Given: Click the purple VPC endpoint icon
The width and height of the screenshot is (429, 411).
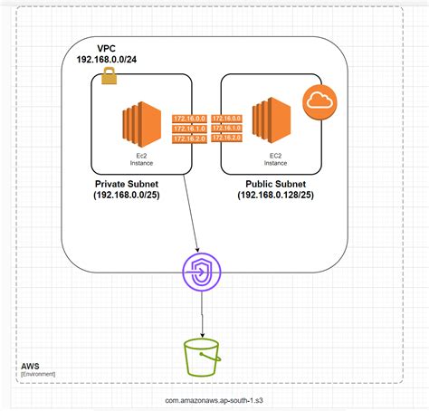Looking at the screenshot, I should click(201, 272).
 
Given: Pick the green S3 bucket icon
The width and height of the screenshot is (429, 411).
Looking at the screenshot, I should click(202, 356).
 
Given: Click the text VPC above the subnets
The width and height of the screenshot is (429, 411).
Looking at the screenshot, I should click(108, 48).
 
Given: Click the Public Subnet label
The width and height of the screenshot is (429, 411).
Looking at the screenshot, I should click(280, 184).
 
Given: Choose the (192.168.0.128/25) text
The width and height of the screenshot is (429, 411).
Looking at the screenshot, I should click(280, 196).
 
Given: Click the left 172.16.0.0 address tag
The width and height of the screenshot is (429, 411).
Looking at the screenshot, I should click(189, 118).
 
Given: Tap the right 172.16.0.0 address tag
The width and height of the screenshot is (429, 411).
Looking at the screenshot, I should click(226, 118).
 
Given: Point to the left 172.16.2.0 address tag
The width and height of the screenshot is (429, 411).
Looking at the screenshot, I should click(189, 139).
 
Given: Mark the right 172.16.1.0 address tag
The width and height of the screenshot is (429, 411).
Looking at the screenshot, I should click(226, 128).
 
